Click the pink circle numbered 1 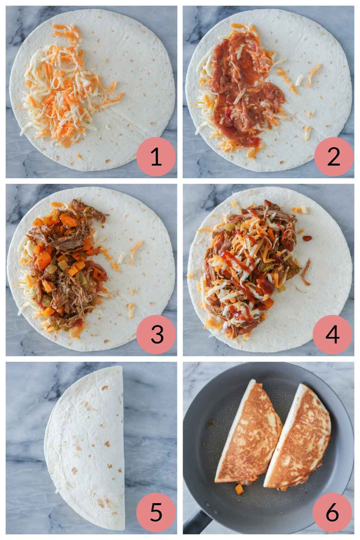tap(156, 156)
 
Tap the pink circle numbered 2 tap(333, 156)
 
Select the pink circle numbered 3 tap(156, 334)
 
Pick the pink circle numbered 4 tap(332, 334)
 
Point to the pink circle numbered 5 tap(156, 512)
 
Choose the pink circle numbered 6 tap(332, 512)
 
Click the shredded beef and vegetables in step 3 tap(65, 264)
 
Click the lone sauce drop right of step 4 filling tap(307, 238)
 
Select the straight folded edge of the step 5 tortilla tap(123, 446)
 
